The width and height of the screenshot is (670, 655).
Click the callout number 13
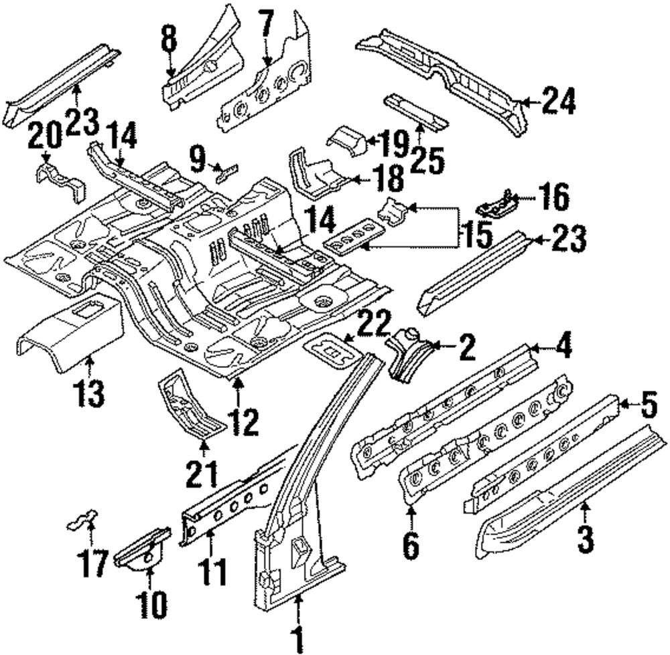pyautogui.click(x=90, y=394)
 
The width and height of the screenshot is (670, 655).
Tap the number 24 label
pyautogui.click(x=558, y=102)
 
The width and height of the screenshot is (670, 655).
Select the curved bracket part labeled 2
pyautogui.click(x=409, y=354)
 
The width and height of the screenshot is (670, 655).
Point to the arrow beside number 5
pyautogui.click(x=622, y=403)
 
